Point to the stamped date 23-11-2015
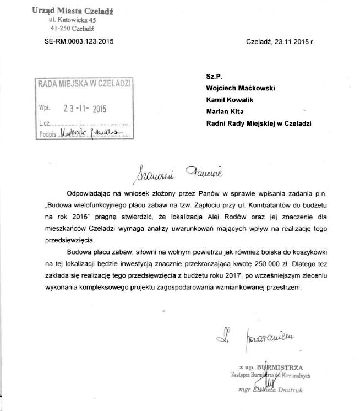[84, 109]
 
